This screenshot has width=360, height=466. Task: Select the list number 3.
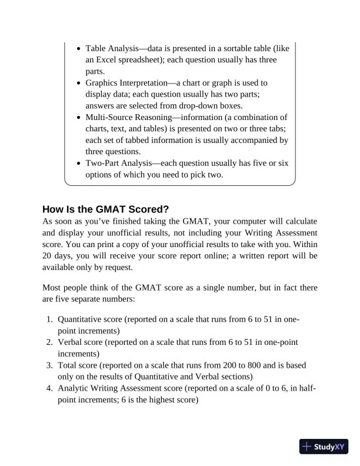click(49, 365)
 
